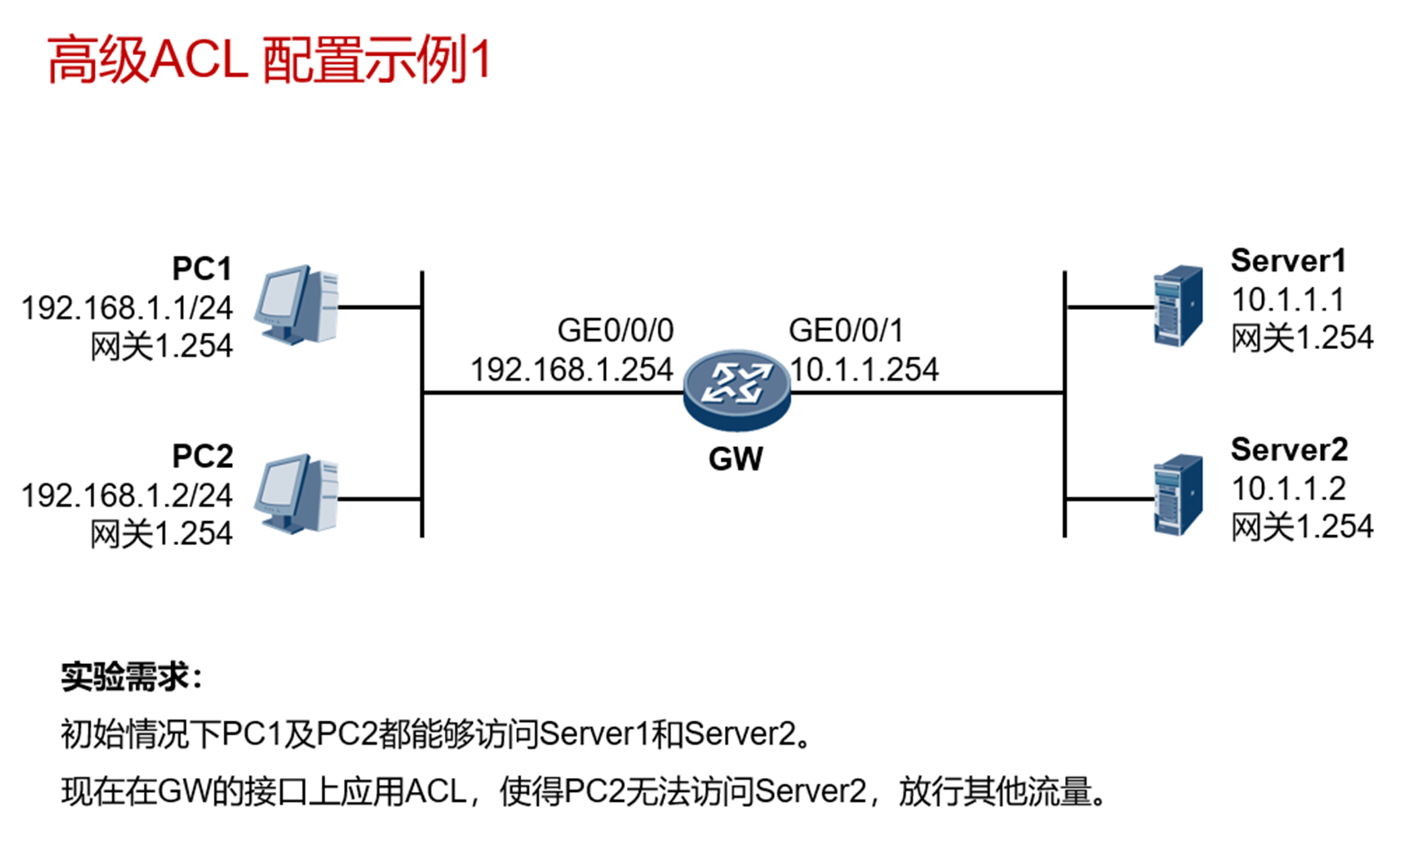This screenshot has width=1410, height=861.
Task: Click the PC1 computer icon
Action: click(297, 305)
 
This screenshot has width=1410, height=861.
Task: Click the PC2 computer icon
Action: click(297, 493)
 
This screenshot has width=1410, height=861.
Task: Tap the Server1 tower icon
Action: click(1178, 305)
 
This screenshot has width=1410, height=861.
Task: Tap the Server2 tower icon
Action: click(1178, 494)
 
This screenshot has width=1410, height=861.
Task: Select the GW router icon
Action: click(736, 389)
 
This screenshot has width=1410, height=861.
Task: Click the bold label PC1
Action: click(202, 268)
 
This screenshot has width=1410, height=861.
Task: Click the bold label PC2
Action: click(202, 456)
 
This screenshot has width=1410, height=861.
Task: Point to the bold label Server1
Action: click(1288, 261)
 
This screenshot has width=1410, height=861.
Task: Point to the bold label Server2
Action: click(1289, 450)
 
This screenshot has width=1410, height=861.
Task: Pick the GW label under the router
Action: click(736, 459)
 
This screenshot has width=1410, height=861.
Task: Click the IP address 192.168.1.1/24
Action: click(127, 308)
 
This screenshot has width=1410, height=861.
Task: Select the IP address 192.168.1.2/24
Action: click(127, 496)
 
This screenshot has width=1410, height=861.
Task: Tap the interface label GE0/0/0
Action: click(615, 331)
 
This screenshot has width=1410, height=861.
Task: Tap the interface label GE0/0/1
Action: click(846, 331)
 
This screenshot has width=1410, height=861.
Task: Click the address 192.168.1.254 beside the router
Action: click(572, 370)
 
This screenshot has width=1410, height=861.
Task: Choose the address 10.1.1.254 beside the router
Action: click(865, 370)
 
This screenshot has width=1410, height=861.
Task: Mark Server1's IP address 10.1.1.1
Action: click(1287, 300)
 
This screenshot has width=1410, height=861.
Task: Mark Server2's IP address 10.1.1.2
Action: click(1288, 489)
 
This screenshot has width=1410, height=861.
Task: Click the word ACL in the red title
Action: click(200, 61)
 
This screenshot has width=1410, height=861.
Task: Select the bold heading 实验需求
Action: click(126, 677)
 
